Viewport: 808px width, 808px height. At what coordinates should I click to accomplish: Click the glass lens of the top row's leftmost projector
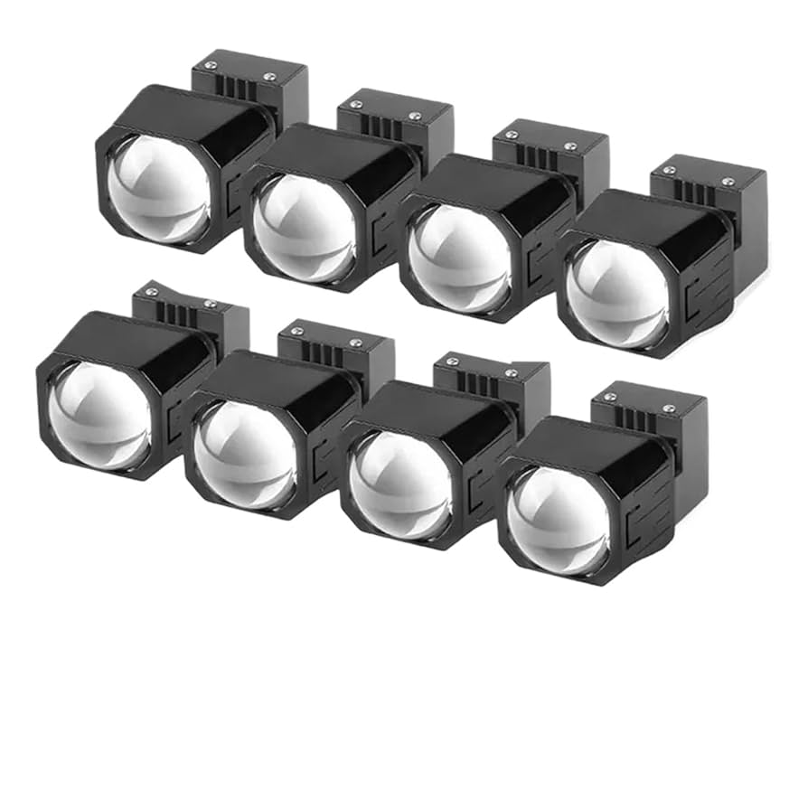[158, 187]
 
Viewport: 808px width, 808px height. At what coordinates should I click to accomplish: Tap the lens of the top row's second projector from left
[304, 227]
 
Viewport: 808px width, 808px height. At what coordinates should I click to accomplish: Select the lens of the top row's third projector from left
[458, 258]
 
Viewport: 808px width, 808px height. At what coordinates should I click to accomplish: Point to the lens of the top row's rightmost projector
[617, 293]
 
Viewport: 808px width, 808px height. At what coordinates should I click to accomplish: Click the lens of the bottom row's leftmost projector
[99, 414]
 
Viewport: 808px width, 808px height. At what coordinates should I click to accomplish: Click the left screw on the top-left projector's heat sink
[210, 65]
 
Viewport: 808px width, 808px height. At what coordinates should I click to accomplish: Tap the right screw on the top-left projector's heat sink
[268, 76]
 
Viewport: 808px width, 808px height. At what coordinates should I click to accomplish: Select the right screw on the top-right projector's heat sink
[728, 182]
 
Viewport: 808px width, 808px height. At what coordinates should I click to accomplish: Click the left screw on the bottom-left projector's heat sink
[151, 292]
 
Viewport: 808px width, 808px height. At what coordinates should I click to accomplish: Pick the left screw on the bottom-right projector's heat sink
[610, 398]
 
